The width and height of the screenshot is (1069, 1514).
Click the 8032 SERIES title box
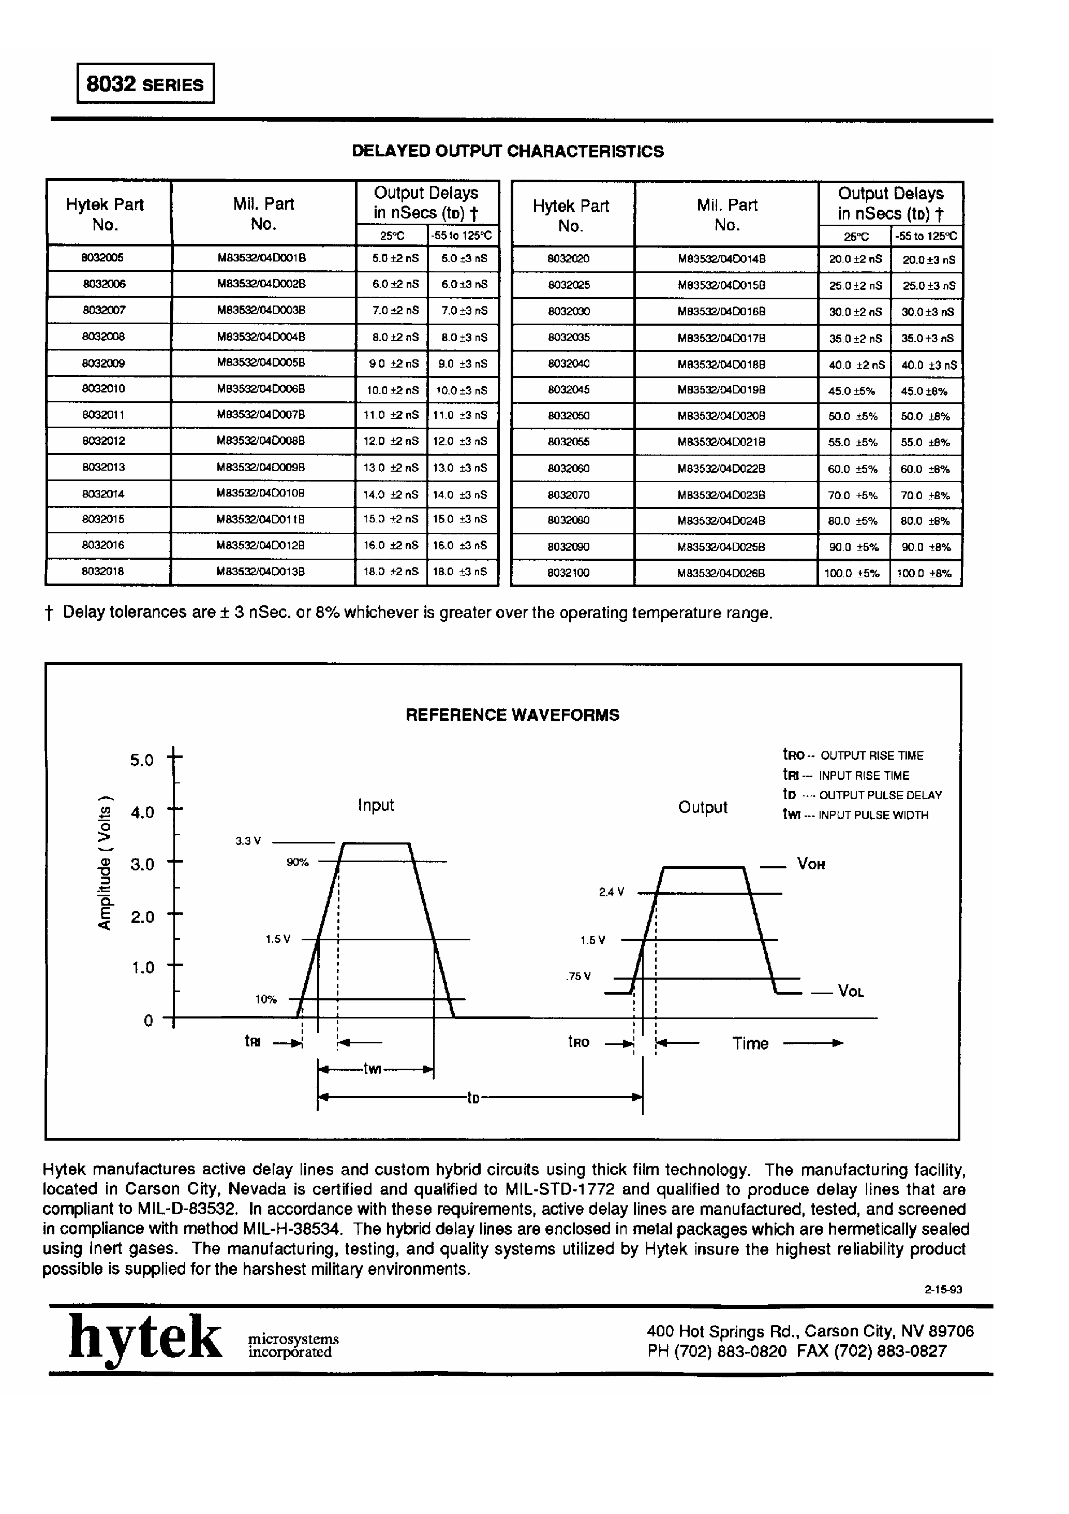tap(145, 84)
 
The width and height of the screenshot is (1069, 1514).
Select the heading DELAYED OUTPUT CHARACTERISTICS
tap(508, 151)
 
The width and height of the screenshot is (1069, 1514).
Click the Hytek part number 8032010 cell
tap(103, 389)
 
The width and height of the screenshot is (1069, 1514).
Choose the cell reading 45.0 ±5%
tap(852, 391)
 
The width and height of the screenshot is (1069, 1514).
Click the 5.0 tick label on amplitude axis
tap(142, 760)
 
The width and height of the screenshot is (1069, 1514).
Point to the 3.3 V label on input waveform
tap(248, 841)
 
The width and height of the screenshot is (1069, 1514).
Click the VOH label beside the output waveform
tap(811, 864)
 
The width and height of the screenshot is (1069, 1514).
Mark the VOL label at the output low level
tap(850, 991)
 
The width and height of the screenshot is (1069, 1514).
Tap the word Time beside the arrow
tap(750, 1043)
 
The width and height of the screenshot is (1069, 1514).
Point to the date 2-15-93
tap(943, 1290)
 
